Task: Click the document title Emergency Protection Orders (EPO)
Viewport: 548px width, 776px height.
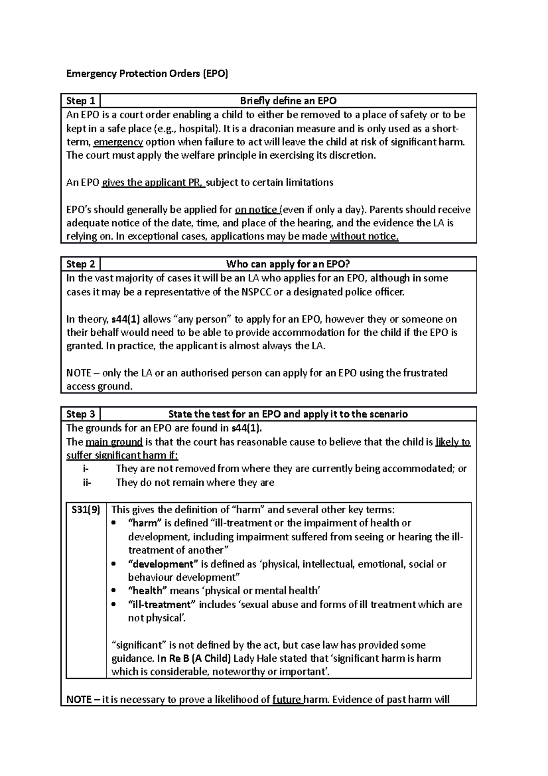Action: tap(147, 74)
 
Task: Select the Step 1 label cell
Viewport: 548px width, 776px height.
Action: tap(81, 101)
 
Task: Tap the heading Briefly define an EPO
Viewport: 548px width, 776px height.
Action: tap(288, 101)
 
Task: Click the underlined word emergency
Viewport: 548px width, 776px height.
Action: tap(118, 142)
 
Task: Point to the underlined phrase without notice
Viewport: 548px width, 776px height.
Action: tap(364, 237)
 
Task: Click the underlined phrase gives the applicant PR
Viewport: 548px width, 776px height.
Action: tap(153, 183)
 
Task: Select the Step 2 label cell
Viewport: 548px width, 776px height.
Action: tap(81, 264)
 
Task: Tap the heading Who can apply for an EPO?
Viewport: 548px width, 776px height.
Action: tap(288, 264)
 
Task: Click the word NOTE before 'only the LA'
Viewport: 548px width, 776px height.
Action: tap(79, 373)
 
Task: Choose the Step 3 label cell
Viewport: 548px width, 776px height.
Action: tap(81, 414)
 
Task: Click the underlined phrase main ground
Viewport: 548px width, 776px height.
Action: tap(114, 442)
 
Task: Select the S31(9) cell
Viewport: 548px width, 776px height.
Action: tap(86, 510)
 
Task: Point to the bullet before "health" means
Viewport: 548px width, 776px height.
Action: tap(115, 591)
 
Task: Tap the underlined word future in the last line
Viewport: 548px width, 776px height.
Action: tap(288, 700)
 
